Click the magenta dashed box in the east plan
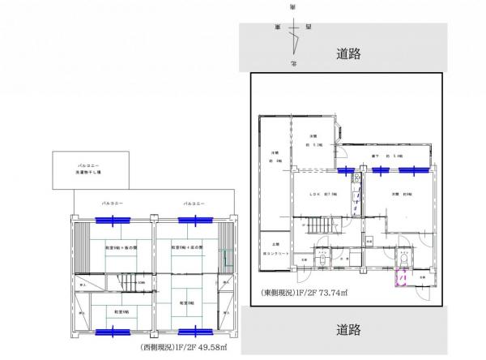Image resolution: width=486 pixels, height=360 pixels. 400,278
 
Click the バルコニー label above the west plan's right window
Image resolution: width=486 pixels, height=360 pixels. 193,203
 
